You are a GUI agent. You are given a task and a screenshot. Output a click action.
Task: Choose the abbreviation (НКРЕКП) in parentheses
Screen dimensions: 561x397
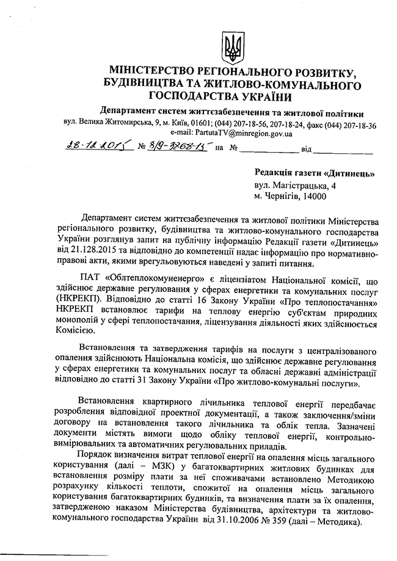click(76, 300)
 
